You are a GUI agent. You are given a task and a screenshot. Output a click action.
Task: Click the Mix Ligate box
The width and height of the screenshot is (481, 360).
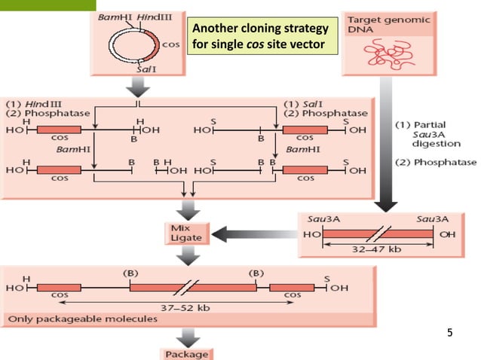click(x=185, y=232)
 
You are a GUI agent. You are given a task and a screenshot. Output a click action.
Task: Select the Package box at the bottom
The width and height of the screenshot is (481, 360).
click(x=185, y=354)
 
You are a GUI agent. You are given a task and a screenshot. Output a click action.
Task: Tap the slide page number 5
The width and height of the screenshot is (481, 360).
click(x=450, y=331)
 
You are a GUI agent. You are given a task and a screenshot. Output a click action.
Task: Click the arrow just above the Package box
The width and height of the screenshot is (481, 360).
click(x=185, y=336)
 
